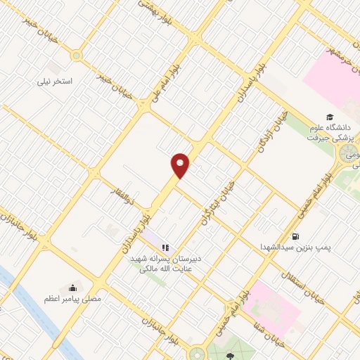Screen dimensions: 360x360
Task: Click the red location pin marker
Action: pyautogui.click(x=181, y=165)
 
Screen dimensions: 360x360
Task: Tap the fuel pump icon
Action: pyautogui.click(x=295, y=236)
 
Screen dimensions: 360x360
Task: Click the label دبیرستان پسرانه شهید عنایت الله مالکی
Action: pyautogui.click(x=166, y=263)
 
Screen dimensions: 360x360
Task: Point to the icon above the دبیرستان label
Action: pyautogui.click(x=167, y=247)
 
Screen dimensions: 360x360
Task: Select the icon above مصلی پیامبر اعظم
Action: pyautogui.click(x=72, y=288)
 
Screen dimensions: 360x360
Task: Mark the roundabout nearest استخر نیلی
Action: pyautogui.click(x=77, y=56)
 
